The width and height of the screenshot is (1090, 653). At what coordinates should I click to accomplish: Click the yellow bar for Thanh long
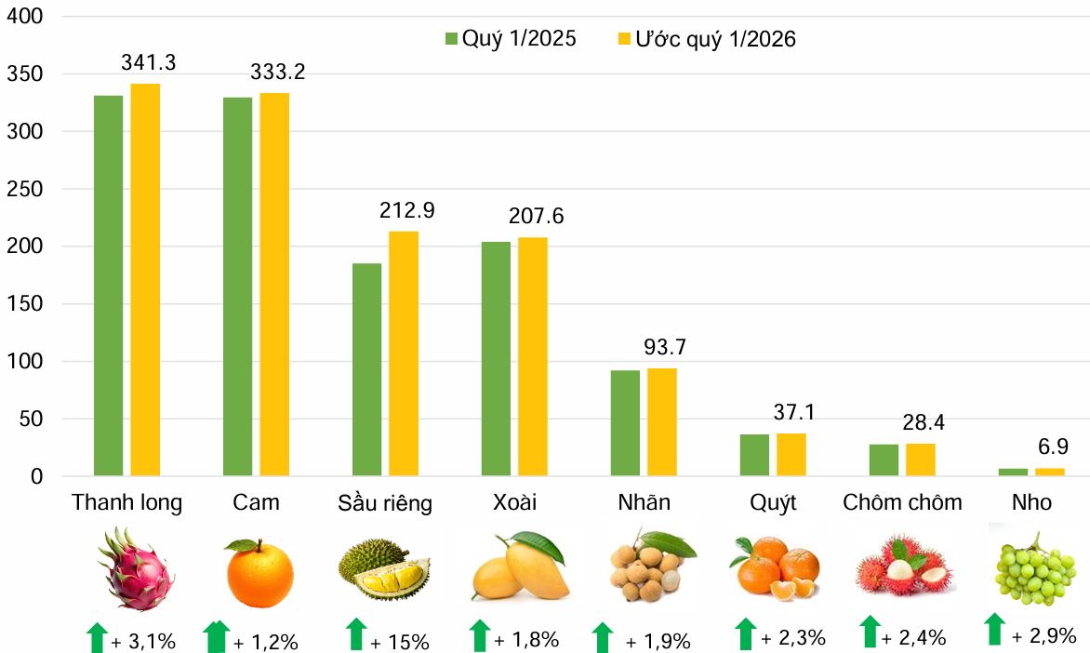click(x=145, y=280)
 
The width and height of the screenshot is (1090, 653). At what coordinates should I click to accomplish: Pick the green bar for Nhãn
click(x=625, y=423)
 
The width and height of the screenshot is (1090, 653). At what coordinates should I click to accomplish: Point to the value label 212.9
click(x=406, y=211)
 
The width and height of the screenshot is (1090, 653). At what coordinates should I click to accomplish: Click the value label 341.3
click(x=149, y=63)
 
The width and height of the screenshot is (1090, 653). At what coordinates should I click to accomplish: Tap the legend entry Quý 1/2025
click(x=511, y=39)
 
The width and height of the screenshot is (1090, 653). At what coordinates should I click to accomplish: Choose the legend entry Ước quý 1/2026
click(x=706, y=39)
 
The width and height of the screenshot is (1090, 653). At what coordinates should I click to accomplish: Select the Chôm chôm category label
click(x=902, y=503)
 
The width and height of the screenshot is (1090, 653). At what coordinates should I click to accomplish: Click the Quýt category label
click(x=773, y=503)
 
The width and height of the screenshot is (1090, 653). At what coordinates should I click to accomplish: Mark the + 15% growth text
click(x=399, y=642)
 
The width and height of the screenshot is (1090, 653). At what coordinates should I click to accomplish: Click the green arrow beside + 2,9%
click(x=994, y=630)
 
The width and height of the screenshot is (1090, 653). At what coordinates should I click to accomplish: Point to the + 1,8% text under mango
click(x=525, y=640)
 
